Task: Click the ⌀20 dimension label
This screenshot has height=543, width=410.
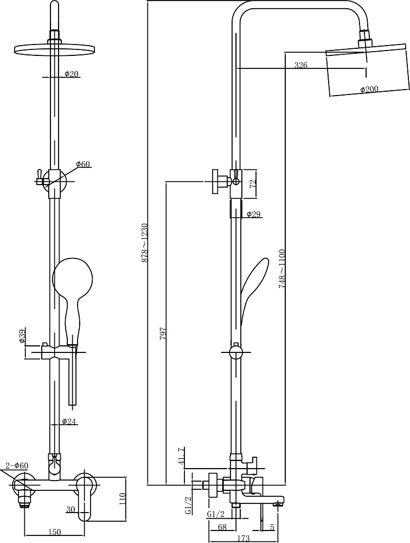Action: (72, 74)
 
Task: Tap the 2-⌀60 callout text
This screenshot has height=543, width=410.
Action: (17, 466)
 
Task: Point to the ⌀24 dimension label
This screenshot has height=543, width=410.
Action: (69, 421)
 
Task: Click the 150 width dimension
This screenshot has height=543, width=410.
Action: (55, 532)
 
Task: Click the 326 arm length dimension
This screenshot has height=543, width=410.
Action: (300, 65)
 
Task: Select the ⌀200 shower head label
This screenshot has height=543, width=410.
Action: (369, 90)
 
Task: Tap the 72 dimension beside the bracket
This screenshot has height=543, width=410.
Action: (253, 184)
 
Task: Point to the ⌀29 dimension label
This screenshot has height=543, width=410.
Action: (253, 214)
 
